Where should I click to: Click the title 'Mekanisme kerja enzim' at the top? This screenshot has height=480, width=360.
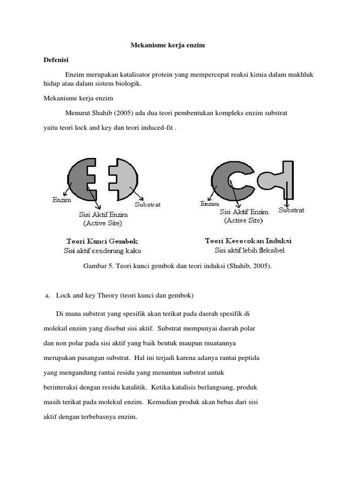click(167, 45)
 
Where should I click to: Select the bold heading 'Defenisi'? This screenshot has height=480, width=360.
click(56, 60)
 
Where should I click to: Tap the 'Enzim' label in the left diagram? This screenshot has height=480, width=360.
click(61, 200)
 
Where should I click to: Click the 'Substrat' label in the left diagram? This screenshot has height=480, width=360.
click(148, 204)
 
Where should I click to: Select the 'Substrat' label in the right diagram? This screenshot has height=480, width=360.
click(291, 210)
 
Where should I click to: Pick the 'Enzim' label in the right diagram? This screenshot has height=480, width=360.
click(210, 204)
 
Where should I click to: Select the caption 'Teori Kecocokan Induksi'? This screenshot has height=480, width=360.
click(248, 241)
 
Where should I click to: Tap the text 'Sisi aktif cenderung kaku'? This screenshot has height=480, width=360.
click(102, 251)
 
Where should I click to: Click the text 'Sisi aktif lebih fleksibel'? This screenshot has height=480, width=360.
click(249, 250)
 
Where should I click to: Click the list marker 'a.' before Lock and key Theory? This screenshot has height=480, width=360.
click(47, 296)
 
